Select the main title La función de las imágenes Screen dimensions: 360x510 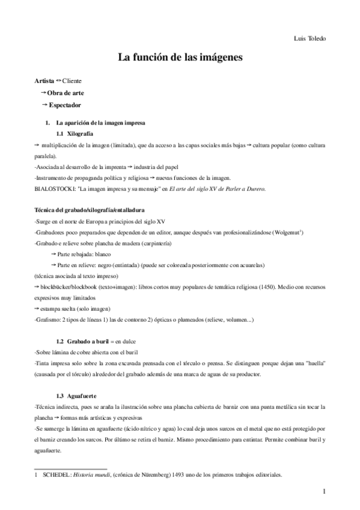pos(180,59)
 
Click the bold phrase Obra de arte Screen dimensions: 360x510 pos(66,93)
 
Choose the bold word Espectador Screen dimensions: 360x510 pos(65,106)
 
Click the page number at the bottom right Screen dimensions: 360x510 pos(324,492)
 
